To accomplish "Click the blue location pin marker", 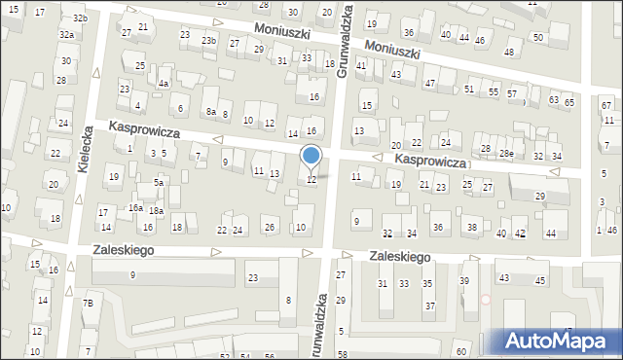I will pyautogui.click(x=311, y=157).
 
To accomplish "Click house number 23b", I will pyautogui.click(x=208, y=40).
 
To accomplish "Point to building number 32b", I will pyautogui.click(x=80, y=18).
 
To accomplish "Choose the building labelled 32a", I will pyautogui.click(x=66, y=34).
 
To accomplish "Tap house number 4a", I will pyautogui.click(x=165, y=84).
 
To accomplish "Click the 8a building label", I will pyautogui.click(x=210, y=112).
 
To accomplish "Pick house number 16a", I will pyautogui.click(x=135, y=208).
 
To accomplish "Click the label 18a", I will pyautogui.click(x=155, y=211).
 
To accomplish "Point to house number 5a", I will pyautogui.click(x=157, y=182).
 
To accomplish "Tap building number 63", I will pyautogui.click(x=553, y=99).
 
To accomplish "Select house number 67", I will pyautogui.click(x=605, y=105).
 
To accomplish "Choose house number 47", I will pyautogui.click(x=430, y=84).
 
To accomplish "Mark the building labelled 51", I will pyautogui.click(x=469, y=89).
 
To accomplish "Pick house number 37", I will pyautogui.click(x=429, y=306).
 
